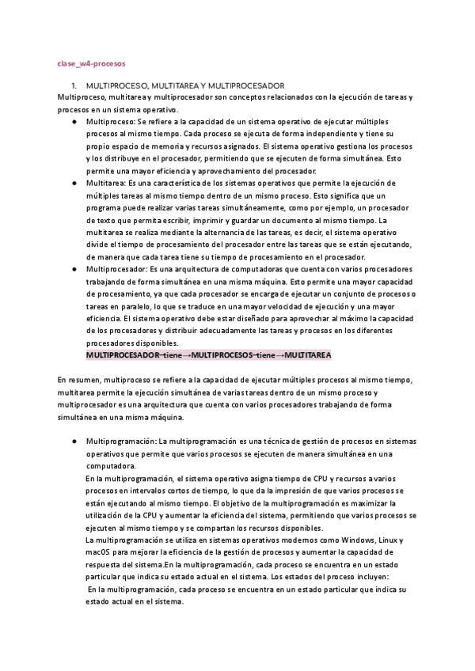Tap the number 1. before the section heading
pyautogui.click(x=73, y=85)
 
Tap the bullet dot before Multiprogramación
pyautogui.click(x=73, y=441)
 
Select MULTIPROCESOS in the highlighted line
pyautogui.click(x=225, y=355)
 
